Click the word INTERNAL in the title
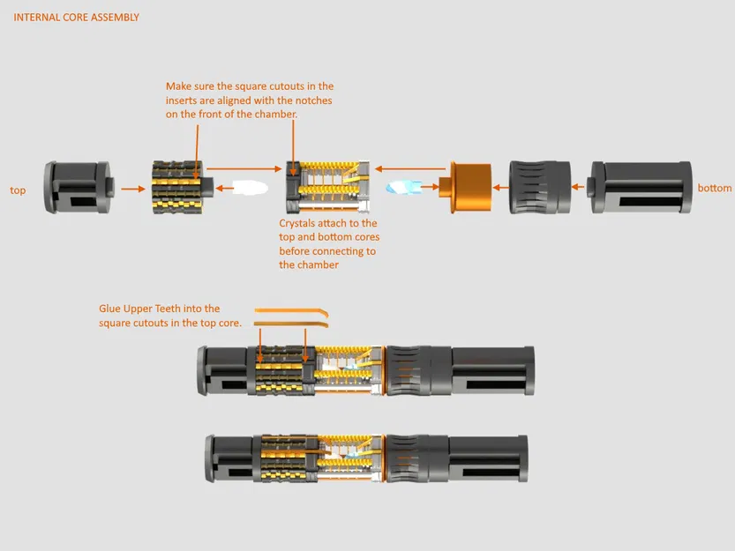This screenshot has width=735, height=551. point(34,17)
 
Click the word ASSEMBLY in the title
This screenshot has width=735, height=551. point(115,17)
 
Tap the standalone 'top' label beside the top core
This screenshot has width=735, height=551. point(18,190)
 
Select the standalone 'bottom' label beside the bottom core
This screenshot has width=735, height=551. point(714,189)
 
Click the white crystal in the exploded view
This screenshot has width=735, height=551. point(249,188)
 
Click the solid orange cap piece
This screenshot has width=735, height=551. point(469,187)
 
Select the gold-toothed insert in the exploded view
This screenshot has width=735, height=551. point(178,187)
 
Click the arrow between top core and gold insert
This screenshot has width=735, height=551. point(132,188)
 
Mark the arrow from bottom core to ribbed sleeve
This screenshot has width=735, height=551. point(580,187)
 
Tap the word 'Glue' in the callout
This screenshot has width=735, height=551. point(111,309)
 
